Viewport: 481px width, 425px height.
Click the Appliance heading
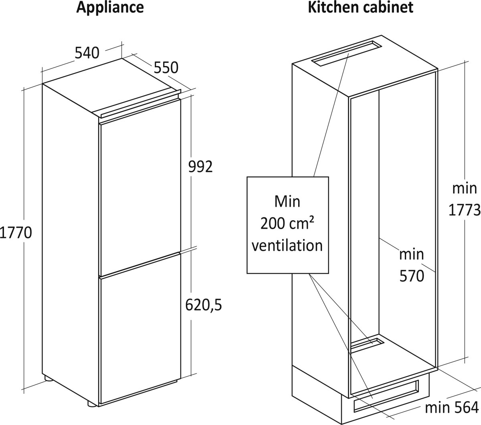(x=110, y=8)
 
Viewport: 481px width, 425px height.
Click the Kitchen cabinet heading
(x=360, y=8)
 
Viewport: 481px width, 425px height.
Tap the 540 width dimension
(x=87, y=52)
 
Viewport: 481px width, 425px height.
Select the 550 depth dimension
(x=166, y=68)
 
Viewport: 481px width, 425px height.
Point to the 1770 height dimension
(x=16, y=232)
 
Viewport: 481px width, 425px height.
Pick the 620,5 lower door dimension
(x=203, y=305)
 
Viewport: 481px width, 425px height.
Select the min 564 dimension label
(x=452, y=408)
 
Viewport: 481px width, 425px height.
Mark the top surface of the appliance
(x=112, y=88)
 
